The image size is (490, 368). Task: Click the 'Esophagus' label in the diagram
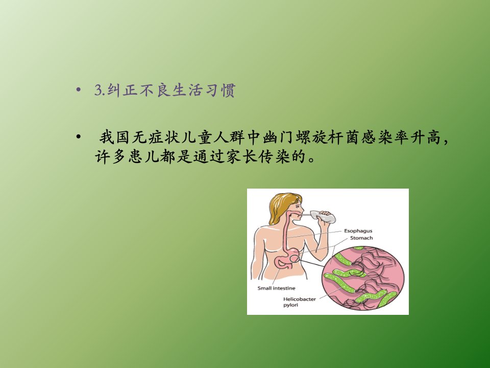tap(358, 231)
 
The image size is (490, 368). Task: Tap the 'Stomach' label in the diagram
tap(361, 238)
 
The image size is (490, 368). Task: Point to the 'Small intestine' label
tap(276, 288)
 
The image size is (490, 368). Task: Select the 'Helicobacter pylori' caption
tap(300, 302)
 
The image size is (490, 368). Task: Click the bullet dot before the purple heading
tap(79, 90)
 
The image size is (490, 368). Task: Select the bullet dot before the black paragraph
tap(79, 137)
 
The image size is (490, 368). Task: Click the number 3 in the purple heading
tap(99, 90)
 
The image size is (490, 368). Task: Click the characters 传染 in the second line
tap(274, 156)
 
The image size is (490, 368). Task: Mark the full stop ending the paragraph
tap(311, 160)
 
